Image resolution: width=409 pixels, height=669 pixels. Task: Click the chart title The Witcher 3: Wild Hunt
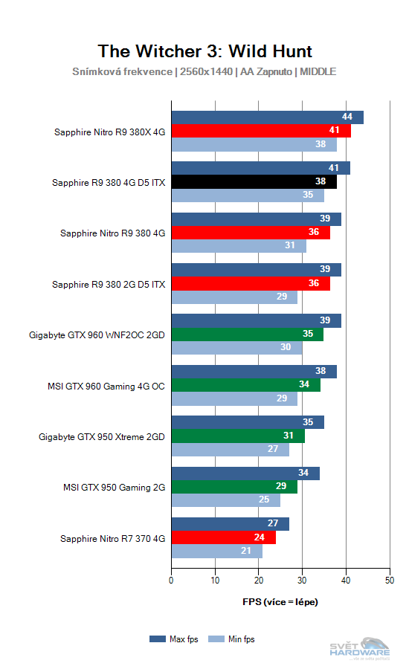(x=204, y=51)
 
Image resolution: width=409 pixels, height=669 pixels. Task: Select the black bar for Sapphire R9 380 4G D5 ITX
(x=254, y=182)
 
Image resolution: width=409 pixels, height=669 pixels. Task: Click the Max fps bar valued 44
(x=267, y=117)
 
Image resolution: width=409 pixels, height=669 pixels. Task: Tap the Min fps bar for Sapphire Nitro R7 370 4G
(x=216, y=551)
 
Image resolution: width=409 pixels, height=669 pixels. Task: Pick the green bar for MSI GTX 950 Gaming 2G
(x=234, y=487)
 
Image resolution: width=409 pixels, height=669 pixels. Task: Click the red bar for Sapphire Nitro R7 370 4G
(x=223, y=537)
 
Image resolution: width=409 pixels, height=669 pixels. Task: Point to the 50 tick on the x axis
(x=389, y=581)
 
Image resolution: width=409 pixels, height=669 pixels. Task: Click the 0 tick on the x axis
(x=172, y=581)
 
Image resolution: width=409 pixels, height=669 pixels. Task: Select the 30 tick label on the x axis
(x=302, y=581)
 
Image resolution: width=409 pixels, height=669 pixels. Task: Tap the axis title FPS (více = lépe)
(x=280, y=601)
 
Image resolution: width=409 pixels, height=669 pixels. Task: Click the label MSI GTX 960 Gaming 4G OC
(x=106, y=386)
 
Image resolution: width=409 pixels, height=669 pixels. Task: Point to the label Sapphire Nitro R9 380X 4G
(x=109, y=132)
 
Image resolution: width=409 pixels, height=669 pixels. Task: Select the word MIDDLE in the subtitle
(x=318, y=72)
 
